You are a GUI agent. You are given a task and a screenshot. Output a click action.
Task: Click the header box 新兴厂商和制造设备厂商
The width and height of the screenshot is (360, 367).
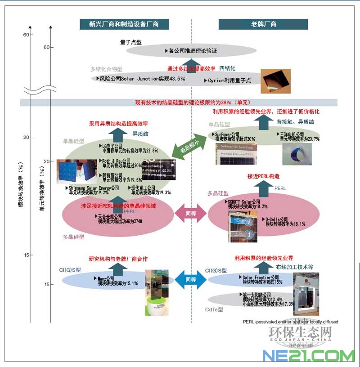coord(118,24)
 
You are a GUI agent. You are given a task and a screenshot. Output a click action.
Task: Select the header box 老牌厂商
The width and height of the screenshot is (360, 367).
coord(264,24)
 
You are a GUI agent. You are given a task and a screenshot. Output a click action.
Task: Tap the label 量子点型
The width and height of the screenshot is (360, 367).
coord(131,42)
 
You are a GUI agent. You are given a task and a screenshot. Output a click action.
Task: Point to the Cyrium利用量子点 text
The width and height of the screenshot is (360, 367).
coord(229,81)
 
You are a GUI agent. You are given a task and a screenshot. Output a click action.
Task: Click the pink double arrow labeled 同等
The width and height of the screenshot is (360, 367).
coord(191,214)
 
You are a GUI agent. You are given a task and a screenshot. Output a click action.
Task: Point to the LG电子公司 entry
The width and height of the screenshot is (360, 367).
coord(127,148)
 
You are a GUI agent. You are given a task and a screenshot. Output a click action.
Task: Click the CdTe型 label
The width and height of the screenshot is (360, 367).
coord(214,309)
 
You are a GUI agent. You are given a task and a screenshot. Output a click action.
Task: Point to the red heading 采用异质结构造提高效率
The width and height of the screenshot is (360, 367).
coord(119,123)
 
